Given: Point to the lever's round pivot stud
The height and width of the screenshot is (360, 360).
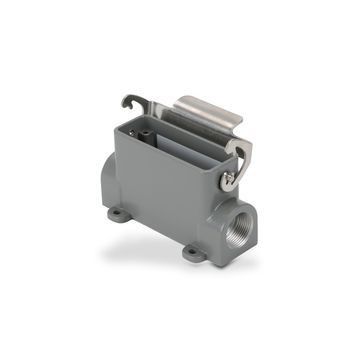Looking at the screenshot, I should pos(229,180).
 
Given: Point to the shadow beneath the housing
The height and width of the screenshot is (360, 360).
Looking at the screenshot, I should pos(150,250).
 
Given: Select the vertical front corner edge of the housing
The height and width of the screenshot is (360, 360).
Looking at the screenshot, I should pos(212,200).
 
